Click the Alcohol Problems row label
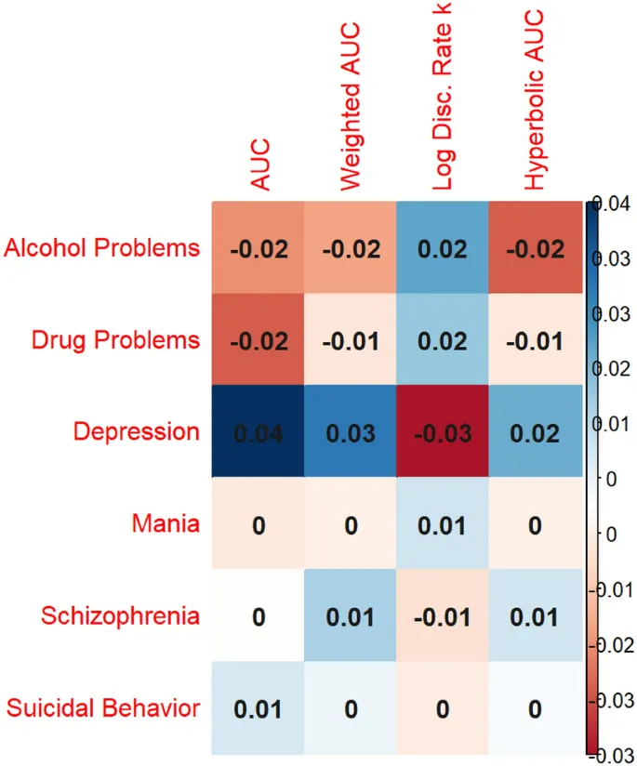[102, 248]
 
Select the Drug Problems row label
[115, 339]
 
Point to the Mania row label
[165, 523]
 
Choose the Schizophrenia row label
[120, 615]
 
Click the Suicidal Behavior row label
[103, 708]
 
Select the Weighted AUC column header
[351, 107]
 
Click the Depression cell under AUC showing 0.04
[258, 432]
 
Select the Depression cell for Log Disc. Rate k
[442, 432]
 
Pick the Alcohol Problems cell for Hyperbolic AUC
[534, 248]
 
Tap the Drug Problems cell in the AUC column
[258, 340]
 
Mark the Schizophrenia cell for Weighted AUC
[350, 616]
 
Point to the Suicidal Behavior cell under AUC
[258, 708]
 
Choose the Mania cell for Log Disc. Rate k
[442, 524]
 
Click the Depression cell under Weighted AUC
[350, 432]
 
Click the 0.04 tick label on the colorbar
[615, 205]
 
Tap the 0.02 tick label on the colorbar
[615, 369]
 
